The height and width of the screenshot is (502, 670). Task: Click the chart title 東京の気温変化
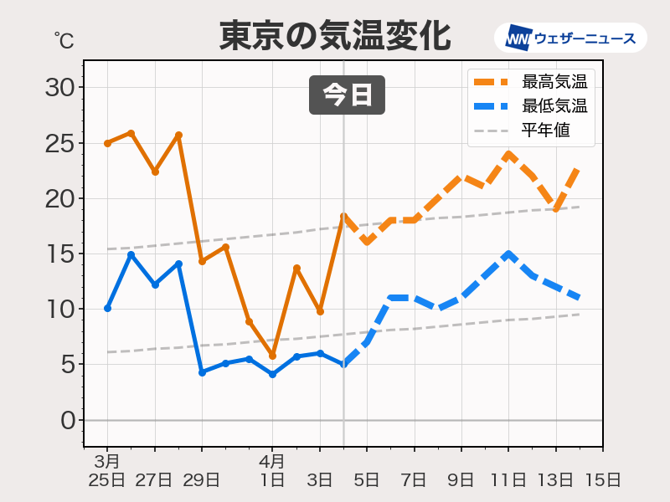tap(335, 36)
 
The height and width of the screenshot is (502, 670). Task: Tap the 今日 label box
tap(347, 95)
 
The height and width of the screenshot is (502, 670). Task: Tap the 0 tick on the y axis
tap(67, 420)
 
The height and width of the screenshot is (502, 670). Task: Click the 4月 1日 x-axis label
tap(272, 471)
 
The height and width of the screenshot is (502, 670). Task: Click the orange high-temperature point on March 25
tap(107, 143)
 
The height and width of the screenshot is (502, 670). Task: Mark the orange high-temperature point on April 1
tap(272, 356)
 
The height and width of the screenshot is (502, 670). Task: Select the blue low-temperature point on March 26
tap(131, 254)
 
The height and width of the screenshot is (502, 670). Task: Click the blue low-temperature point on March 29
tap(202, 372)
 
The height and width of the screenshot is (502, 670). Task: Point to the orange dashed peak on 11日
tap(508, 154)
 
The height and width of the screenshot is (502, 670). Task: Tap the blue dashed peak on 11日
tap(508, 254)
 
